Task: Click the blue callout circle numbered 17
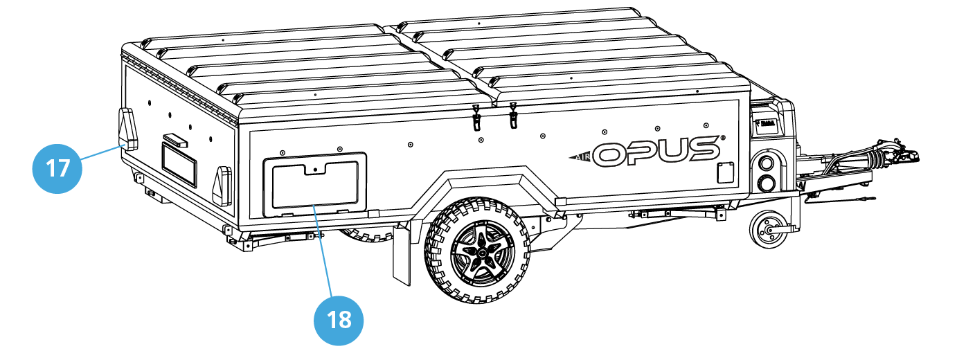58,167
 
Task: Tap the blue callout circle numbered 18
339,320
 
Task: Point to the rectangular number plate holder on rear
179,163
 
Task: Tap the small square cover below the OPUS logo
726,172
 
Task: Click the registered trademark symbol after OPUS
722,138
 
